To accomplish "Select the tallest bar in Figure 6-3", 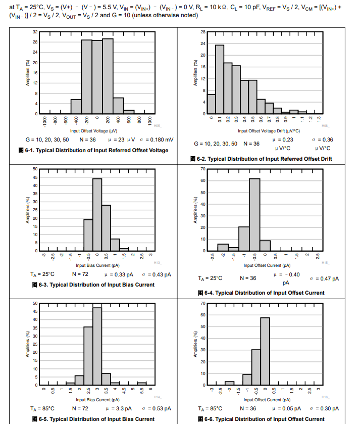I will click(97, 215).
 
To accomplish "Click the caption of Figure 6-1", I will click(100, 150).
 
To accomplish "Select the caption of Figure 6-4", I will click(264, 293).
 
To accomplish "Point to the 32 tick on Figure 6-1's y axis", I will click(35, 32).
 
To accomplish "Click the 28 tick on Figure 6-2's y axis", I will click(202, 32).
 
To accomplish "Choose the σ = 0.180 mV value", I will click(157, 139).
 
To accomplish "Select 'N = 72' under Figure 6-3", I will click(81, 274).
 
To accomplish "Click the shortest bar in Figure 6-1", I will click(129, 112).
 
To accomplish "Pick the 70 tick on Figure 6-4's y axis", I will click(202, 169).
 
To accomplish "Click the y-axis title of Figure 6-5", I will click(27, 344).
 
